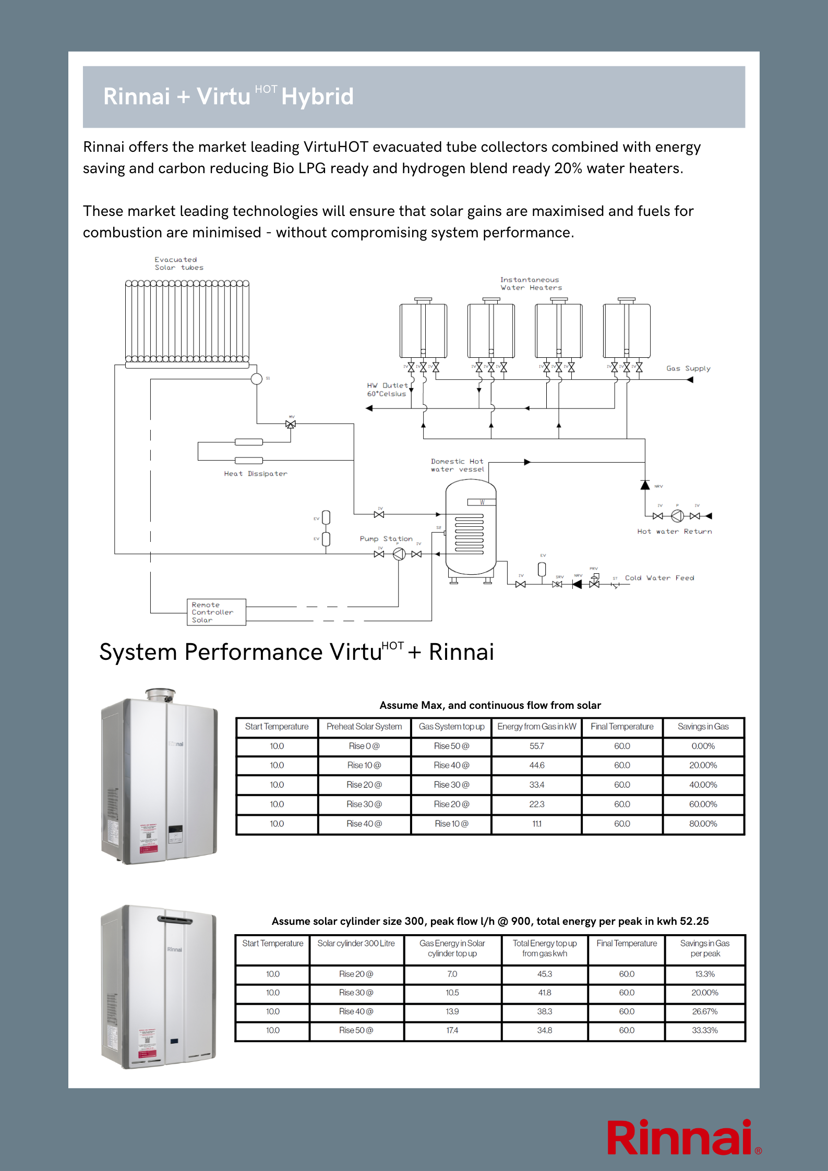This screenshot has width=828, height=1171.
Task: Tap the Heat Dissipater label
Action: click(255, 474)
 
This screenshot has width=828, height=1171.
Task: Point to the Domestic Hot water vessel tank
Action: click(470, 527)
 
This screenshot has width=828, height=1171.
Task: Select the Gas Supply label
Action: click(688, 368)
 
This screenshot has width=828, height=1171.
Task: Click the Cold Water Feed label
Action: click(659, 578)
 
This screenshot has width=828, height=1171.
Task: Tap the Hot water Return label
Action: click(674, 532)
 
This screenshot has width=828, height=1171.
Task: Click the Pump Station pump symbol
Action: click(399, 554)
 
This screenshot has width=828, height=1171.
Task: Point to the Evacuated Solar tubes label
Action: click(178, 263)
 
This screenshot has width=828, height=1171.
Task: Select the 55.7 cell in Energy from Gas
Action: click(536, 746)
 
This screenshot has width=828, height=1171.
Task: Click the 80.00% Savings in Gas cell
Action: click(703, 824)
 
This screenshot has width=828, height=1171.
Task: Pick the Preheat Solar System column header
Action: click(364, 727)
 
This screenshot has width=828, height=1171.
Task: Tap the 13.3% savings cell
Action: click(705, 974)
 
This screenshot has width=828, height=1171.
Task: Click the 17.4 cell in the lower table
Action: click(452, 1030)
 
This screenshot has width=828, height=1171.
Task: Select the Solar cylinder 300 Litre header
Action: click(356, 943)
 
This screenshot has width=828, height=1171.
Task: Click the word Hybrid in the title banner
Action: click(317, 96)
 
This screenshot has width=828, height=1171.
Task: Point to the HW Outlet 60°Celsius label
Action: click(387, 390)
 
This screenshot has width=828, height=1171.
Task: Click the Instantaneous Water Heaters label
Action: click(531, 284)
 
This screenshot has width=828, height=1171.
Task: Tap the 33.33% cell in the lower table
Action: click(705, 1030)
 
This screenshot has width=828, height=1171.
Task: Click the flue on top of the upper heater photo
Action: click(160, 694)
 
